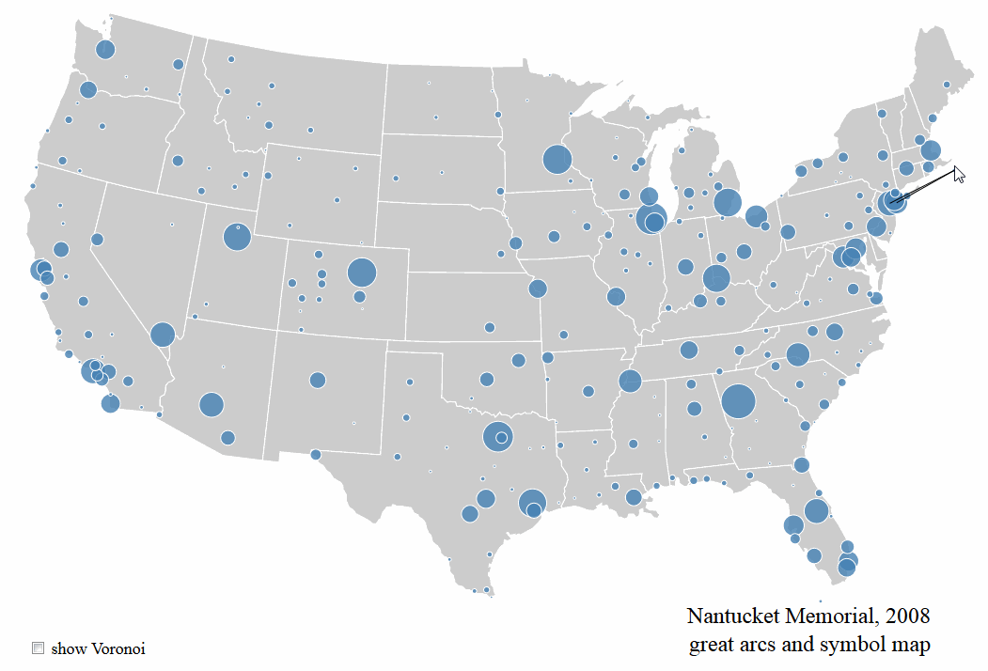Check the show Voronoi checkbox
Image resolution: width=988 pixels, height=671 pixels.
[x=39, y=648]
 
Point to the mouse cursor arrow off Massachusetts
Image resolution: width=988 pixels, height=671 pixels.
[x=958, y=174]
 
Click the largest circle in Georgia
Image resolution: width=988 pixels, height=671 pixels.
[x=738, y=401]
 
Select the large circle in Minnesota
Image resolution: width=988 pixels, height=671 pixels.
[x=557, y=160]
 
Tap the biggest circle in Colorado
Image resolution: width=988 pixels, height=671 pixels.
[x=361, y=273]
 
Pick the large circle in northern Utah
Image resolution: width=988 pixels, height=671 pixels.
[x=237, y=237]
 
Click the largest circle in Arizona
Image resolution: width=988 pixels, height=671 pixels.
[x=212, y=404]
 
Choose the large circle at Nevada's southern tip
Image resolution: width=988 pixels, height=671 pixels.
[x=162, y=335]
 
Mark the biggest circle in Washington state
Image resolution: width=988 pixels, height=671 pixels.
[x=104, y=50]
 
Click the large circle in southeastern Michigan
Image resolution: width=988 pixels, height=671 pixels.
[x=727, y=202]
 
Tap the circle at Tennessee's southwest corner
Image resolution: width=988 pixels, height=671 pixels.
[x=630, y=381]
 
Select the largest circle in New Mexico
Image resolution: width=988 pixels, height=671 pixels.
[x=317, y=380]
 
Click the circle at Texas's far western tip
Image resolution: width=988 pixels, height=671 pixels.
[x=315, y=455]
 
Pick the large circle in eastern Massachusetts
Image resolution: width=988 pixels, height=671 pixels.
[x=931, y=150]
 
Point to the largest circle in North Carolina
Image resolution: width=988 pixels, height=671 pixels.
[x=798, y=354]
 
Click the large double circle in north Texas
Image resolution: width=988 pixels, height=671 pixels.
[x=497, y=437]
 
